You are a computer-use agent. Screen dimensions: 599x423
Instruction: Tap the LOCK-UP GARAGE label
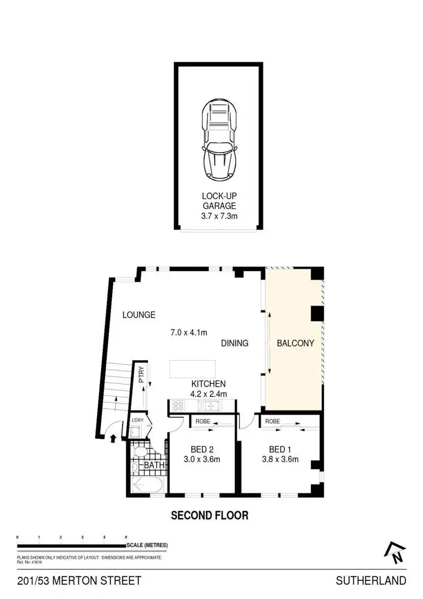point(219,201)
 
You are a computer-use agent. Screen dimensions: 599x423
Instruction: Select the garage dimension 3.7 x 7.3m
point(219,215)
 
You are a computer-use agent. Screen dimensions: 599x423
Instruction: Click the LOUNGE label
point(139,315)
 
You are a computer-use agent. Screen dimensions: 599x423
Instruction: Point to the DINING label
point(235,343)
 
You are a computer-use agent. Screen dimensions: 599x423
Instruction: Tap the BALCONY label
point(295,343)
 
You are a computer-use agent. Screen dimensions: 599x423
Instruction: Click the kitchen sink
point(213,405)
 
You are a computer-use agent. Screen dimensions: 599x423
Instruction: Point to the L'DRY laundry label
point(137,421)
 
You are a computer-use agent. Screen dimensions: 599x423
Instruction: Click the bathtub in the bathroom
point(146,484)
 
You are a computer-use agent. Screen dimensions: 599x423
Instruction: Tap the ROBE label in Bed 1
point(273,422)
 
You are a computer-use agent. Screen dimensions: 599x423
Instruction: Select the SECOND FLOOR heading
point(210,515)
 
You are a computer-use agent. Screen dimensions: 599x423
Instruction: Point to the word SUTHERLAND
point(371,580)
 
